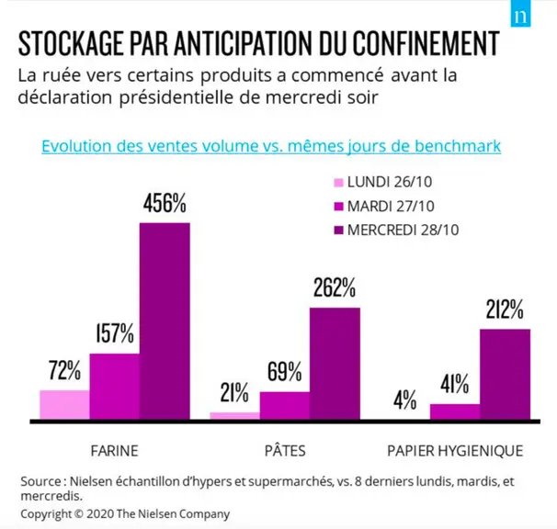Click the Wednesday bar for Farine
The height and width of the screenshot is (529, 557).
(165, 321)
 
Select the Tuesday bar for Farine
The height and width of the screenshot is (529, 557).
(114, 387)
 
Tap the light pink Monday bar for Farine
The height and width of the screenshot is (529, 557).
(64, 405)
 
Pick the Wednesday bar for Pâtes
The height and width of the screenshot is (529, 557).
(335, 364)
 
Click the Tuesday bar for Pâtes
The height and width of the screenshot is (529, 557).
(285, 405)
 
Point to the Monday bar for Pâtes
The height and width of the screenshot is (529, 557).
(234, 416)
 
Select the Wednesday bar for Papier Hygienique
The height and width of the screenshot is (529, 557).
(506, 374)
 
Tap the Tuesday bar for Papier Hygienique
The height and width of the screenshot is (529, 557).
(455, 411)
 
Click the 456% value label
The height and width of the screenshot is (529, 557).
(165, 203)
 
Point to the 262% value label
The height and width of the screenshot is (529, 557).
(335, 287)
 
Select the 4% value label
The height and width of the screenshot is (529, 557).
(405, 400)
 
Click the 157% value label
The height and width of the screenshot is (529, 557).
(115, 333)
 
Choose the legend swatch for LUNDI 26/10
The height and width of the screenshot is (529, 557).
(339, 183)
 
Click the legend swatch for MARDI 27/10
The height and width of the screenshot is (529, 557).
(339, 207)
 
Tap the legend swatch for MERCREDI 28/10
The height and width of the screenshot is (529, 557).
(339, 231)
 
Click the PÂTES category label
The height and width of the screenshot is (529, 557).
(285, 450)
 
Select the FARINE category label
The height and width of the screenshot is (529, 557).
(114, 451)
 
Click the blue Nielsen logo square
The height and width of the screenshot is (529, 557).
(520, 14)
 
